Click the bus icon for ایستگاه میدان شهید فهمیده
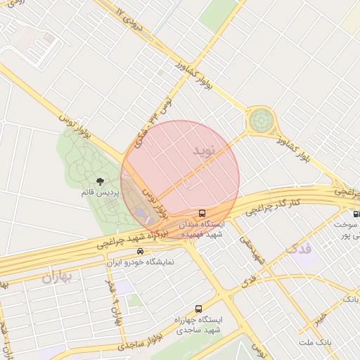(x=202, y=213)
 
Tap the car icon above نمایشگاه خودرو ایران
(x=141, y=252)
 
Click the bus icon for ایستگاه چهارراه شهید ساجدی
(x=198, y=309)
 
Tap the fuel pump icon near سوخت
(x=356, y=214)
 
